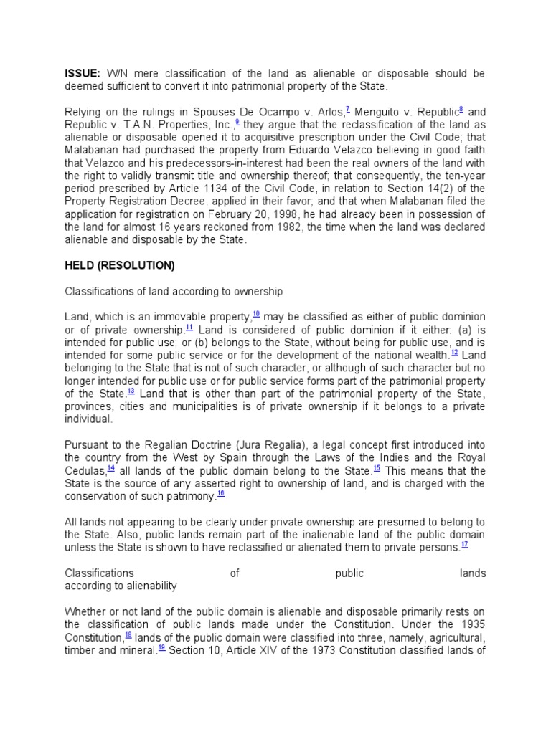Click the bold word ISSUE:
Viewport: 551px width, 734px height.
click(83, 74)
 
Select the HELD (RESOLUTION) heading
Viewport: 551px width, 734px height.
click(120, 265)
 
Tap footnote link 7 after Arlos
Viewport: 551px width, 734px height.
click(347, 109)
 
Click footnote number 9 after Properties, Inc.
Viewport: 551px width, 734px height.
click(237, 122)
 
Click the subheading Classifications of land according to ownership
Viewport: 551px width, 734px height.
click(174, 292)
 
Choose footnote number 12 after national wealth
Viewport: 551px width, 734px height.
click(454, 353)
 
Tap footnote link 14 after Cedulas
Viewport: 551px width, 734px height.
click(111, 468)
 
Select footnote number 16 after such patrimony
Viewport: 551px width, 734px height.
click(220, 494)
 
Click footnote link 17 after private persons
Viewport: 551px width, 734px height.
click(464, 545)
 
